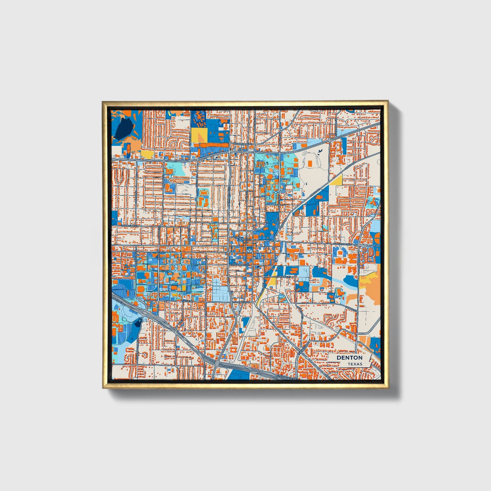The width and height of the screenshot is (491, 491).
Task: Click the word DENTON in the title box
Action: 349,358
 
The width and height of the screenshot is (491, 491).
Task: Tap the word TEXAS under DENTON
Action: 354,364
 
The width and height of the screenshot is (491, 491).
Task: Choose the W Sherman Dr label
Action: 242,144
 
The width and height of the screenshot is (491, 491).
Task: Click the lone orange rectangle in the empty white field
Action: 310,163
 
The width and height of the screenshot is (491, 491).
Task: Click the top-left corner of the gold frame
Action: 103,102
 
